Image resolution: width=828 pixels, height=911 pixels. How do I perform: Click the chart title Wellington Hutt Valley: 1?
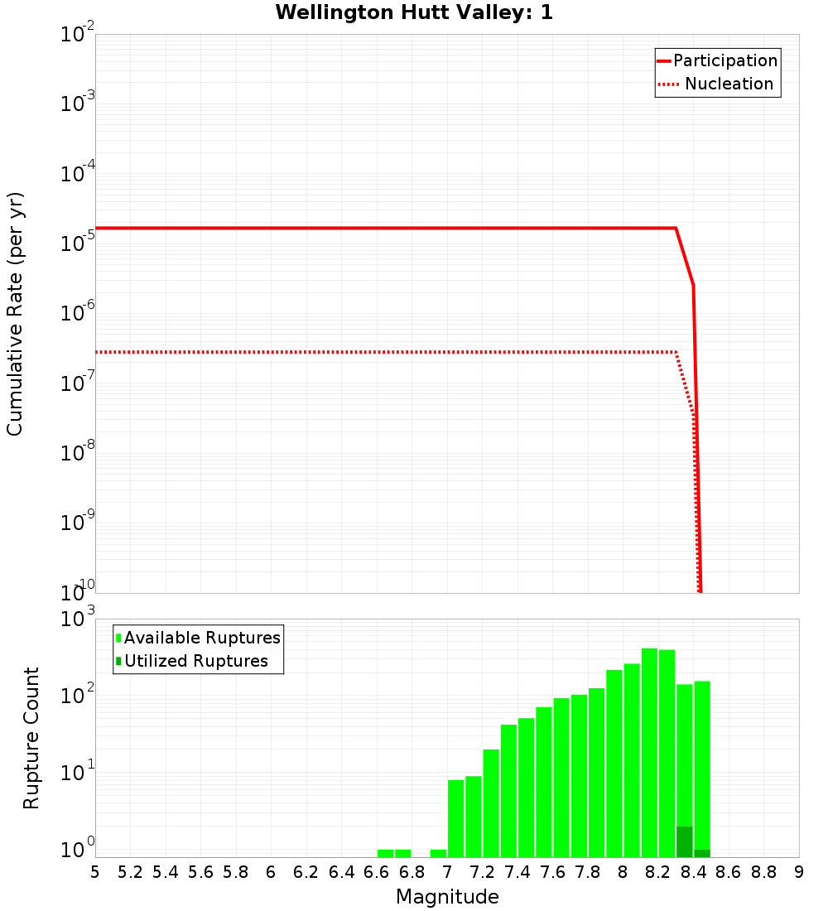tap(414, 12)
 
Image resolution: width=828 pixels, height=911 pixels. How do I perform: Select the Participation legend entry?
tap(724, 60)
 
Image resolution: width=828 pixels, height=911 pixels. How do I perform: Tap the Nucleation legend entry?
tap(729, 84)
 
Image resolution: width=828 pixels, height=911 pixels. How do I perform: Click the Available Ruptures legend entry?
tap(202, 638)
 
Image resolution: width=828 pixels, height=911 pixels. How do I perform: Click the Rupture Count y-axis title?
tap(31, 737)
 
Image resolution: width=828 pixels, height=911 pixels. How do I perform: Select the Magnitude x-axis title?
tap(447, 897)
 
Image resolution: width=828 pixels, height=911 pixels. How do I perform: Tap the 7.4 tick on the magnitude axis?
tap(517, 872)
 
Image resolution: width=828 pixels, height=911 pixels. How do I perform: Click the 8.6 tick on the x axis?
tap(729, 872)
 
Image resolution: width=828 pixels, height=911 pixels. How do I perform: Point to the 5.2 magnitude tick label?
tap(130, 872)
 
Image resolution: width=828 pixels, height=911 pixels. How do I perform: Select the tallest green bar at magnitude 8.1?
tap(649, 745)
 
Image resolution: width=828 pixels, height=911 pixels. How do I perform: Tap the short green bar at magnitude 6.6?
tap(385, 853)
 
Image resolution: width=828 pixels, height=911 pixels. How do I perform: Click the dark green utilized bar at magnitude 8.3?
tap(684, 841)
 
